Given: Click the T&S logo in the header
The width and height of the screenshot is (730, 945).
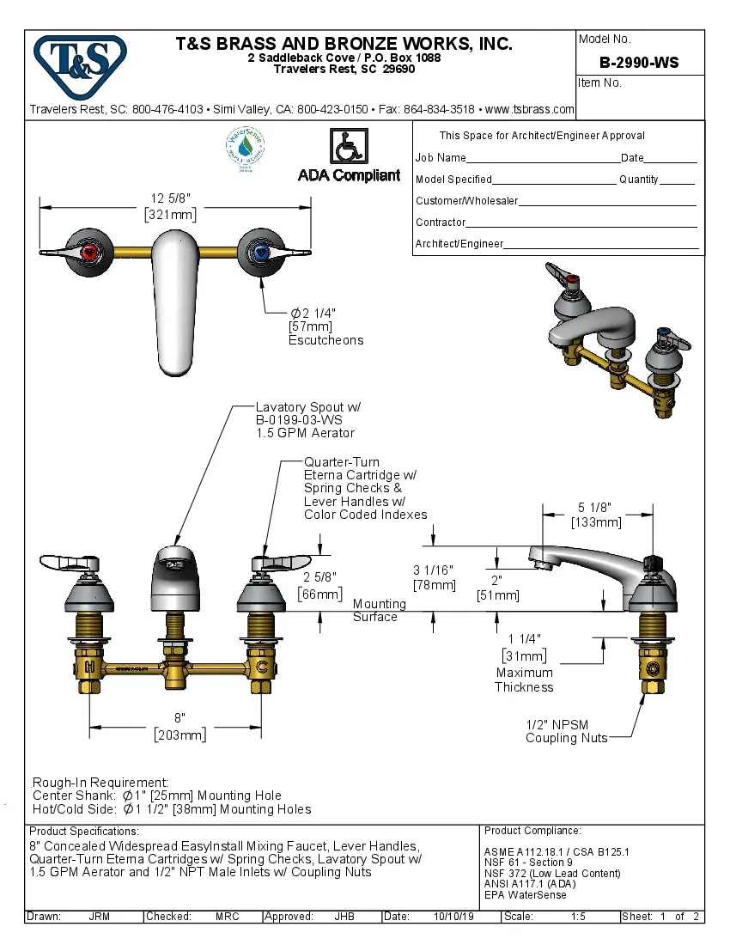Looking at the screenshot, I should coord(80,62).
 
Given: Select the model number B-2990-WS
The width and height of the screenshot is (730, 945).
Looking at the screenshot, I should coord(639,63).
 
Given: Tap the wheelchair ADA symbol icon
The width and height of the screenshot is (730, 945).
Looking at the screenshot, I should coord(349,146).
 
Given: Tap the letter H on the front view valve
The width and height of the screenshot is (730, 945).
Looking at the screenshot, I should coord(89,667).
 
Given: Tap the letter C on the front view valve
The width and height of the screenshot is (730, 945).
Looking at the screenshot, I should coord(263,667).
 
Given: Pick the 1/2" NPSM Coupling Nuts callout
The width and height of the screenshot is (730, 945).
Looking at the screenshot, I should coord(566,731).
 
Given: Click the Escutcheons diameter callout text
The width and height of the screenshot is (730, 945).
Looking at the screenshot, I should coord(325,326).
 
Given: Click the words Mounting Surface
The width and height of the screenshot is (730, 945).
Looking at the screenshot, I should coord(378,610).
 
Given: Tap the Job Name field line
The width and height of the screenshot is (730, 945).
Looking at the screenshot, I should coord(542,159).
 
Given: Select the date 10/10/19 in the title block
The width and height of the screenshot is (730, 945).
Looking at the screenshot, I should coord(454,917).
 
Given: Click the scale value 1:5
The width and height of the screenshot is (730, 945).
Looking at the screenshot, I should coord(578,917).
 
